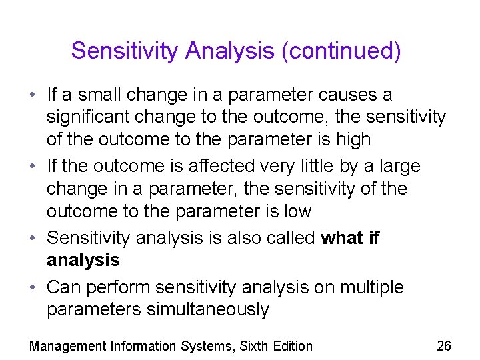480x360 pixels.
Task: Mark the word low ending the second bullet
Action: [x=297, y=211]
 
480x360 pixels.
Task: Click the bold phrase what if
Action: [x=350, y=238]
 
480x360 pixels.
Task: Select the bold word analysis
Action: [x=83, y=260]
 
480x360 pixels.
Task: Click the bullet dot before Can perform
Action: [x=33, y=287]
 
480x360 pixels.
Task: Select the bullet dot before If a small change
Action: [x=33, y=95]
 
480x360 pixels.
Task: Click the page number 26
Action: [x=443, y=346]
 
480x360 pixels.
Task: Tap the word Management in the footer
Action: [x=67, y=346]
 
